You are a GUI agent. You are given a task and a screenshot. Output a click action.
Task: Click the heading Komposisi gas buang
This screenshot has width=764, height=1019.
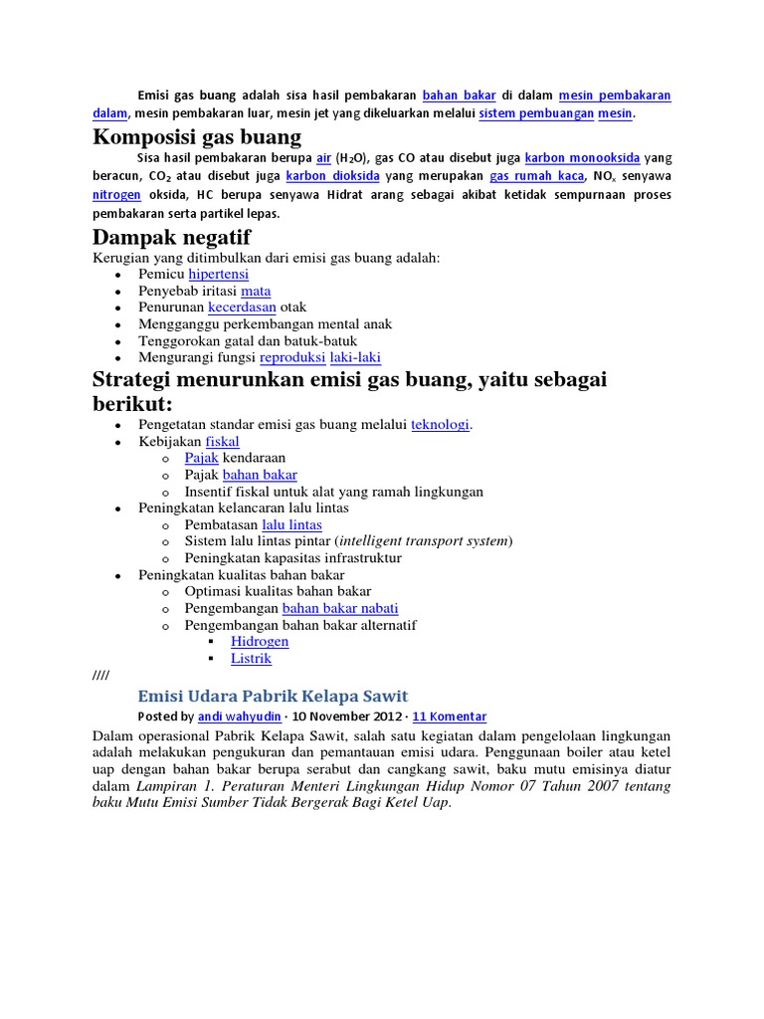197,136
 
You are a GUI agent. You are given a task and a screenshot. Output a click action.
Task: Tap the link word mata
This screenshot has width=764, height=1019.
256,291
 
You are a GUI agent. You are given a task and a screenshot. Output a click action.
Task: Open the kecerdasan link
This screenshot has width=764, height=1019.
242,307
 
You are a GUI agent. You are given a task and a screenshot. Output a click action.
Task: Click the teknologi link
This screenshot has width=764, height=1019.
440,425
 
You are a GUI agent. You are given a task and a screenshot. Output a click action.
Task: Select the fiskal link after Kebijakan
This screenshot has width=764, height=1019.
222,442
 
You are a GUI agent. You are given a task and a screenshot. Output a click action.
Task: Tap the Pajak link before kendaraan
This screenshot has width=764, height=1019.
202,458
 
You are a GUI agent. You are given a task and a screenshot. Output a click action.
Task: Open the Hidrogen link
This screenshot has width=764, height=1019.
260,642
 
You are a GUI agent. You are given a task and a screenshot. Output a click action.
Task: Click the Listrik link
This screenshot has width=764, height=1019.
251,659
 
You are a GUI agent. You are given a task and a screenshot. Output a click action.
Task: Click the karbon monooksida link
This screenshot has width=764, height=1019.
582,157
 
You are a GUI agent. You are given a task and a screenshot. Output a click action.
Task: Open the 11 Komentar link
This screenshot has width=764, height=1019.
449,716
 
